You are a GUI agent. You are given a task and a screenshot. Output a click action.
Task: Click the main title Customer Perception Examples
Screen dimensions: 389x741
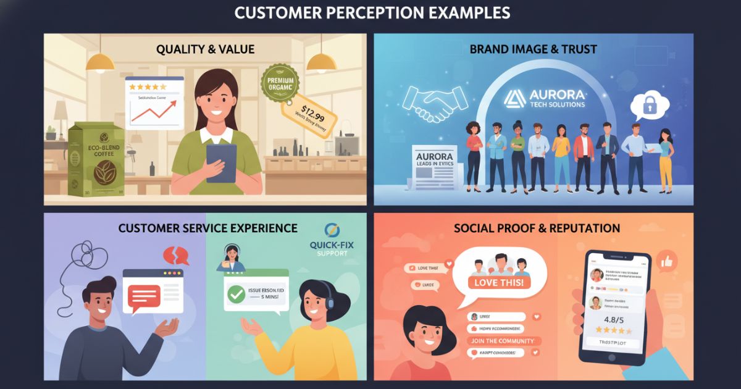(371, 12)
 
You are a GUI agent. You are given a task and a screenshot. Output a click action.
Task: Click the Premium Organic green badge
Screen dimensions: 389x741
(280, 82)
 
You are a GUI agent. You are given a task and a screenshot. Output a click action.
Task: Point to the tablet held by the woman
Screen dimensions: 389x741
(221, 162)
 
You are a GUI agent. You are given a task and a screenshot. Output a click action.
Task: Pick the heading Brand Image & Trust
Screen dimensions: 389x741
(534, 49)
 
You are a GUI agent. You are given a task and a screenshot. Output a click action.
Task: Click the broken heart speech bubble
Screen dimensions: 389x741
(176, 256)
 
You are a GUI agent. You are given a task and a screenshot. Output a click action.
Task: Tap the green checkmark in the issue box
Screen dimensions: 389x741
(235, 295)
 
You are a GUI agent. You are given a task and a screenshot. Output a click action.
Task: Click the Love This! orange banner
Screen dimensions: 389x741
(499, 283)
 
